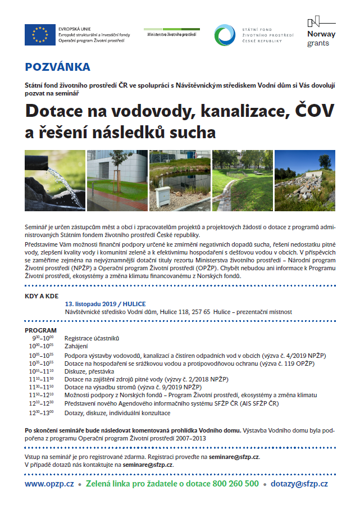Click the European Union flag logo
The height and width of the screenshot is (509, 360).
click(x=39, y=35)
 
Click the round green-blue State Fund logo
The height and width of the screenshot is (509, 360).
click(x=226, y=35)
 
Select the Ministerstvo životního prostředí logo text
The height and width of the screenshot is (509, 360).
click(x=171, y=34)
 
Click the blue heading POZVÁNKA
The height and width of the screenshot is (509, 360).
click(x=57, y=67)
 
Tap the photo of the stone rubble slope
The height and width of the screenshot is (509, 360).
click(x=304, y=179)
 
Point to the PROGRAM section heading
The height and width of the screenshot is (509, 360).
click(x=41, y=330)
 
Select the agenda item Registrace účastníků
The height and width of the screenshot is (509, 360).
click(x=92, y=339)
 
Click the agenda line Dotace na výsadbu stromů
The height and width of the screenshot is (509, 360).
click(x=133, y=388)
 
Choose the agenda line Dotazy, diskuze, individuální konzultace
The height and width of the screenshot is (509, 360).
click(x=117, y=412)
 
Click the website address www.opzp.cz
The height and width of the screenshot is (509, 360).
click(x=49, y=483)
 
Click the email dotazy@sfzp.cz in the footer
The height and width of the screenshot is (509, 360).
click(x=299, y=483)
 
